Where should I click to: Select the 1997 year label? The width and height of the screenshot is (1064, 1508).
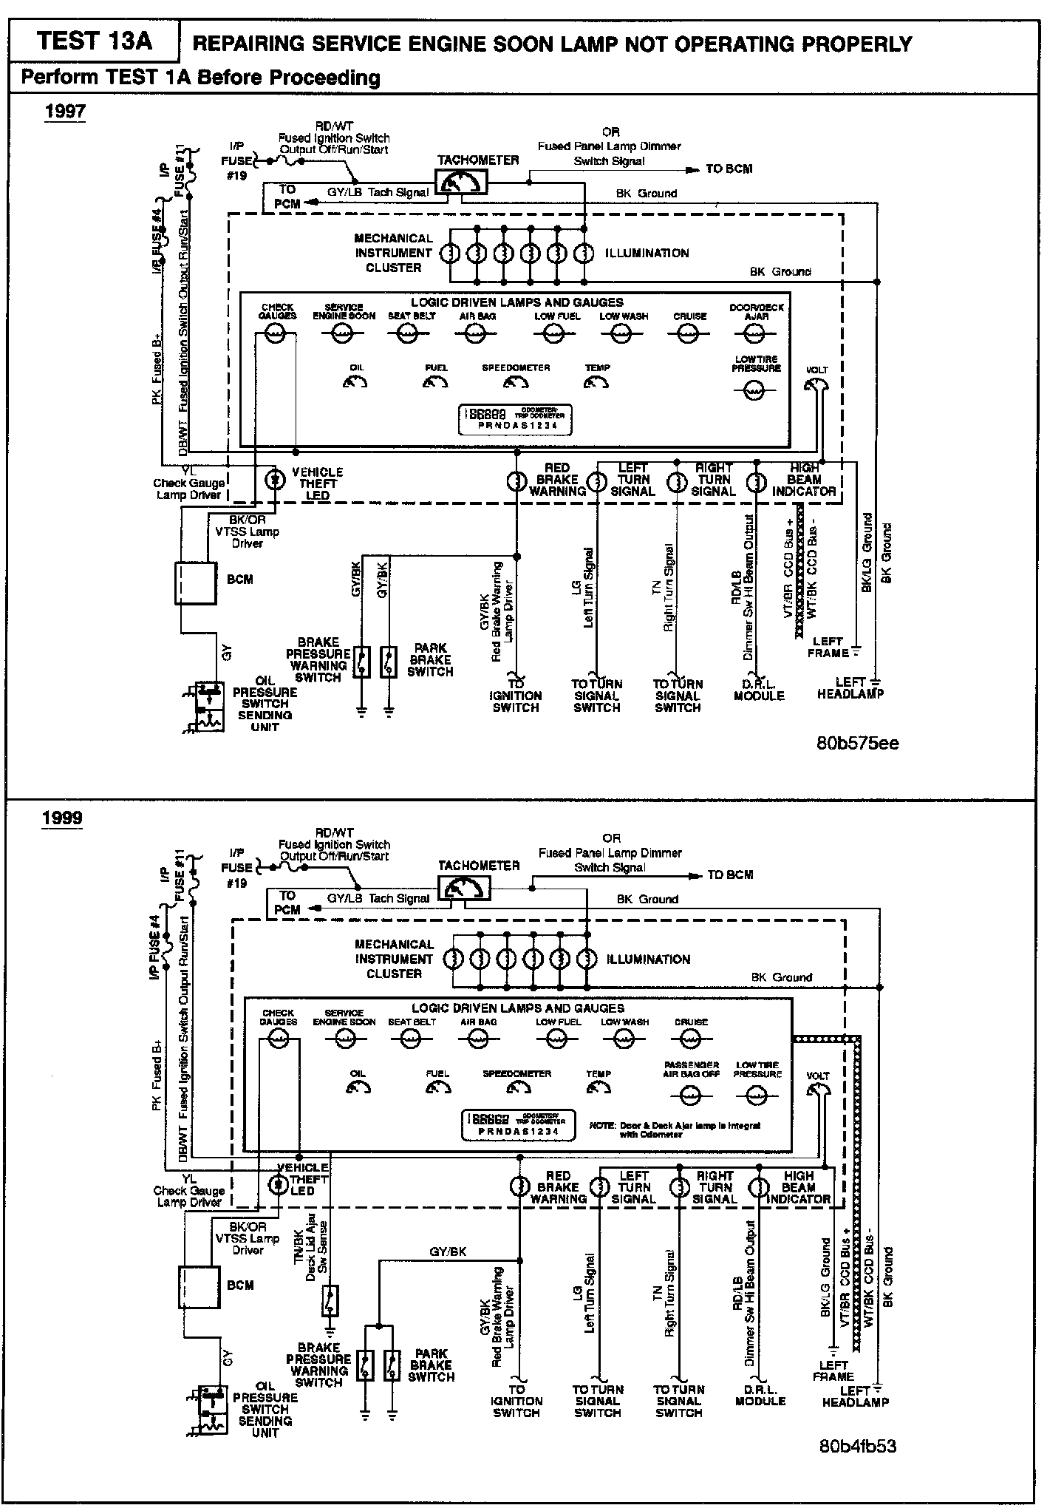pyautogui.click(x=65, y=112)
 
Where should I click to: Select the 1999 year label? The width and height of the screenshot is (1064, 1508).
pyautogui.click(x=62, y=818)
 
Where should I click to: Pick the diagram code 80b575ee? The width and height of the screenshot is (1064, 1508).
pyautogui.click(x=857, y=743)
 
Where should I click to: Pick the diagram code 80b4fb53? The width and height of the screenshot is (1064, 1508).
pyautogui.click(x=857, y=1447)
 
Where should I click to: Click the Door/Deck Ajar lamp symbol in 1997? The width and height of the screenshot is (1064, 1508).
pyautogui.click(x=755, y=334)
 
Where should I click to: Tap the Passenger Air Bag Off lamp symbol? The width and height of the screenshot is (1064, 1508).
pyautogui.click(x=690, y=1096)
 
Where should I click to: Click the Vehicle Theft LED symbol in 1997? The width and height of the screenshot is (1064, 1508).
pyautogui.click(x=276, y=480)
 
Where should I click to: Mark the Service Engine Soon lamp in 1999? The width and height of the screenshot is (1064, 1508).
pyautogui.click(x=344, y=1040)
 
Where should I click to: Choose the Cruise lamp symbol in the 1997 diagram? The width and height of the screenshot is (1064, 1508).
pyautogui.click(x=689, y=334)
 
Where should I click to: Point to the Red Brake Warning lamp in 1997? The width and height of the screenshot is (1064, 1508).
pyautogui.click(x=516, y=482)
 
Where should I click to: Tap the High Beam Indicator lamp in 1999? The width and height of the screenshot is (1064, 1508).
pyautogui.click(x=758, y=1188)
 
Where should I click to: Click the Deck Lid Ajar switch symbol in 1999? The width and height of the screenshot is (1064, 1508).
pyautogui.click(x=330, y=1299)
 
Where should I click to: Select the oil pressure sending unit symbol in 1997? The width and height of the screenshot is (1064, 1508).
pyautogui.click(x=205, y=706)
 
